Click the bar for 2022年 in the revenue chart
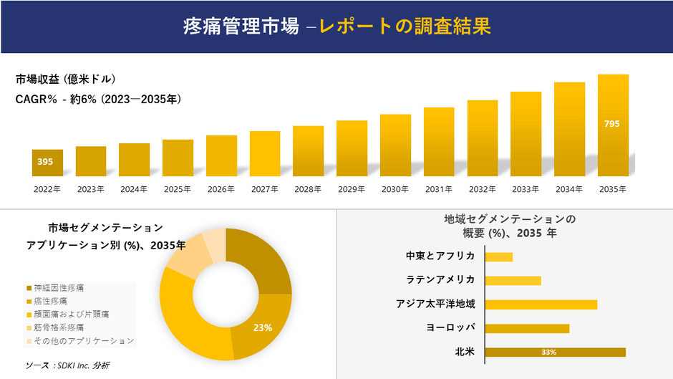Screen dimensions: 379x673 click(47, 163)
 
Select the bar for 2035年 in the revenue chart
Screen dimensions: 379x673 click(613, 125)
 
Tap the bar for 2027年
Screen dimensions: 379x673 click(265, 153)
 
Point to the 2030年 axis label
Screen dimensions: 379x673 click(395, 189)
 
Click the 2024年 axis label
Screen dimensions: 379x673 click(134, 189)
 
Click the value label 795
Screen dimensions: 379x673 click(612, 124)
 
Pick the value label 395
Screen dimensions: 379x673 click(45, 162)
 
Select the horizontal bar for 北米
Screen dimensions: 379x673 click(555, 352)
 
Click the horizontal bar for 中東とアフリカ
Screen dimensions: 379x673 click(499, 256)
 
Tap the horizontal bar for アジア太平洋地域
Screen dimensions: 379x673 click(541, 304)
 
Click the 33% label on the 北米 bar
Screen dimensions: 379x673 click(549, 352)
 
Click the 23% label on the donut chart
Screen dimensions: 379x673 click(263, 328)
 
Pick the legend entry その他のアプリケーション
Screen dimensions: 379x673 click(81, 340)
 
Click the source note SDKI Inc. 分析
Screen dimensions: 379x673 click(68, 365)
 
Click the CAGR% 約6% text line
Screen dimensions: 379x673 click(98, 100)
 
